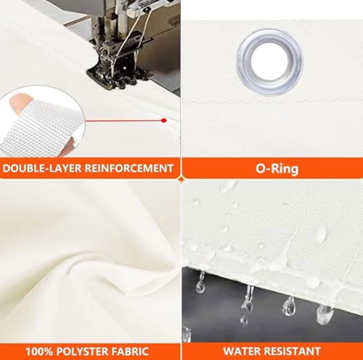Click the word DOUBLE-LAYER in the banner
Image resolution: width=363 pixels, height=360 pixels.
click(43, 168)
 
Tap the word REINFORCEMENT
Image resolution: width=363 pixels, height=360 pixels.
click(129, 168)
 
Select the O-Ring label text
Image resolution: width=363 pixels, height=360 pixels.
click(277, 168)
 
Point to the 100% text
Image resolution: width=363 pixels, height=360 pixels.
click(39, 351)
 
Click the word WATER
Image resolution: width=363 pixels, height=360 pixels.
click(242, 351)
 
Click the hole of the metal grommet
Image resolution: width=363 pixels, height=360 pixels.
click(270, 61)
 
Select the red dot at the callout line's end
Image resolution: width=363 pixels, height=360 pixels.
click(164, 120)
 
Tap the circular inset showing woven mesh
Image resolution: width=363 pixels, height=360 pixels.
click(41, 121)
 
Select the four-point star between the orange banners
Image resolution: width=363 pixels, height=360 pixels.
click(181, 179)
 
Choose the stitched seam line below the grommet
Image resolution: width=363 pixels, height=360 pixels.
click(272, 100)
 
